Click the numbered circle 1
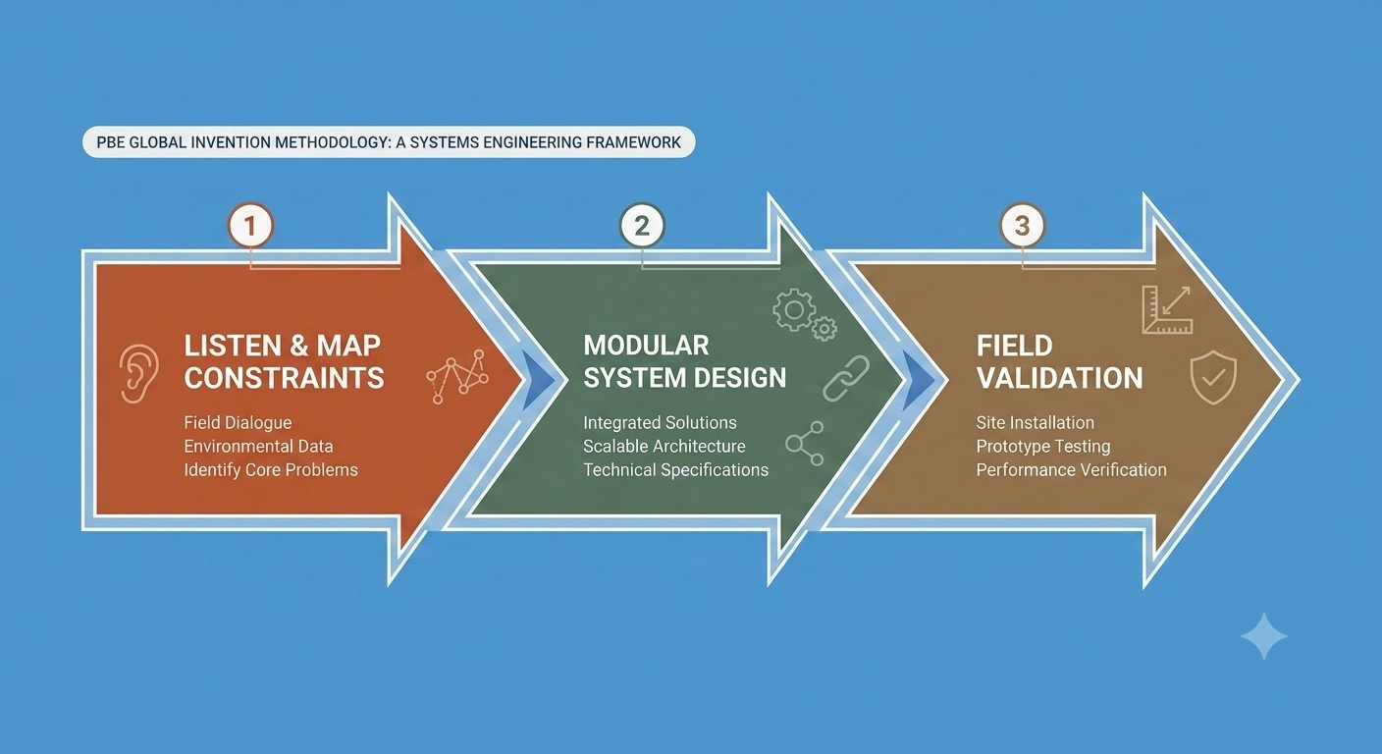pos(250,225)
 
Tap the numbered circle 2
pos(642,225)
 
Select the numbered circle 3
pos(1023,225)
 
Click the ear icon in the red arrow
pos(138,373)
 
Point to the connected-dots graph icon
pos(457,376)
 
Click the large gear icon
pos(795,309)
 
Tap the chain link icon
pos(846,378)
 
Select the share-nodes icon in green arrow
pos(805,443)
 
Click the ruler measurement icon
pos(1167,309)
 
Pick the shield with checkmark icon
pos(1213,377)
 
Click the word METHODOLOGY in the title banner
pos(332,142)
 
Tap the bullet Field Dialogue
pos(239,423)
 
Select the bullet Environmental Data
pos(258,446)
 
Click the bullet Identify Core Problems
pos(271,470)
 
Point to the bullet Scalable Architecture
pos(664,446)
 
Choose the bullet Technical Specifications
pos(676,470)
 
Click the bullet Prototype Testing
pos(1043,447)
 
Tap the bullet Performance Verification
pos(1072,470)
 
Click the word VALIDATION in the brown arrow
pos(1059,378)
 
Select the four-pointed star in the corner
pos(1263,636)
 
